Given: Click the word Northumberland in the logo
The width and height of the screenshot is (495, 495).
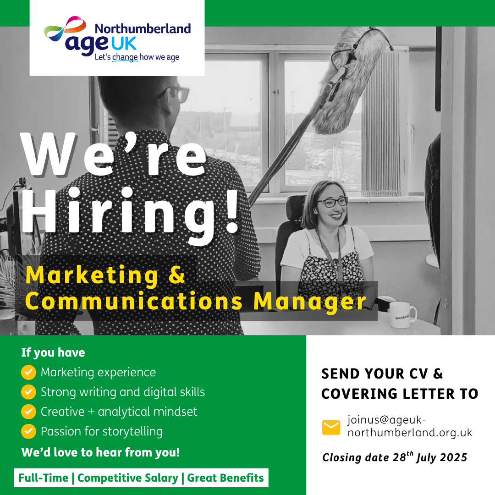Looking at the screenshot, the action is pos(143,29).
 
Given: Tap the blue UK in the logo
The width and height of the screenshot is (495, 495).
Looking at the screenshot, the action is pos(124,44).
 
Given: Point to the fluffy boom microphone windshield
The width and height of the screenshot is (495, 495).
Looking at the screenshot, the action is pos(351,79).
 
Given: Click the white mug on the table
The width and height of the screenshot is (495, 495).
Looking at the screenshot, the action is pos(402,314).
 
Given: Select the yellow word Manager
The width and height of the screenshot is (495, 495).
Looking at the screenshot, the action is pos(310,302).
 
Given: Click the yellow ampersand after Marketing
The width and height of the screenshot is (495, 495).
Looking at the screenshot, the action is pos(176,275).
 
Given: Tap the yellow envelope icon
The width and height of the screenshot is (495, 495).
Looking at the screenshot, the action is pos(331,428).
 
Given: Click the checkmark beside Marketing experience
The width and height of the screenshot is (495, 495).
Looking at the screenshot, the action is pos(28,372).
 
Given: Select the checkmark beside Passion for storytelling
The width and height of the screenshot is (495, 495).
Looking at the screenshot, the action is pos(28,431).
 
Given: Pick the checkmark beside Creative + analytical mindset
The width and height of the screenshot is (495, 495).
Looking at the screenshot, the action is pos(28,412).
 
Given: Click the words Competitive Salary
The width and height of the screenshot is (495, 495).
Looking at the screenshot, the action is pos(128,478).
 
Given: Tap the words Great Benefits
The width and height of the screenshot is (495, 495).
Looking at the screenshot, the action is pos(225,478).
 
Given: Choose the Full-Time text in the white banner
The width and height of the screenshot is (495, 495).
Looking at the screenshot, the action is pos(43,478).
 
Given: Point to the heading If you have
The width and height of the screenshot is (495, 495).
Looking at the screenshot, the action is pos(53,352).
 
